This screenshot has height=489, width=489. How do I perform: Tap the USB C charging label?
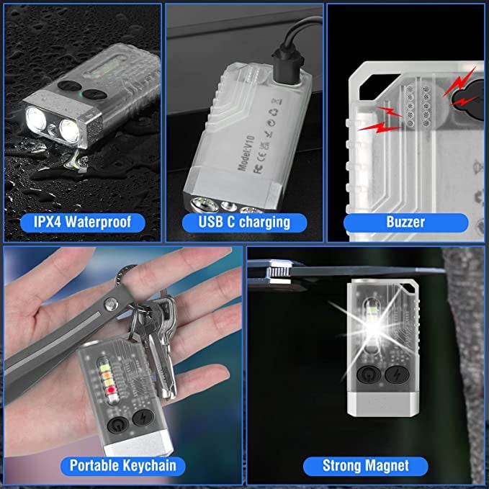tap(244, 221)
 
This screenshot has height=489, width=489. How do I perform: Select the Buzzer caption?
tap(405, 221)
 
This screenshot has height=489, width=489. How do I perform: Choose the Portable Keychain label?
tap(122, 465)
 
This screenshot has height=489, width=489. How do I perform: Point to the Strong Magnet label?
tap(366, 465)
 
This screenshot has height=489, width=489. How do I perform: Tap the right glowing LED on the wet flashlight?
tap(70, 130)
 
